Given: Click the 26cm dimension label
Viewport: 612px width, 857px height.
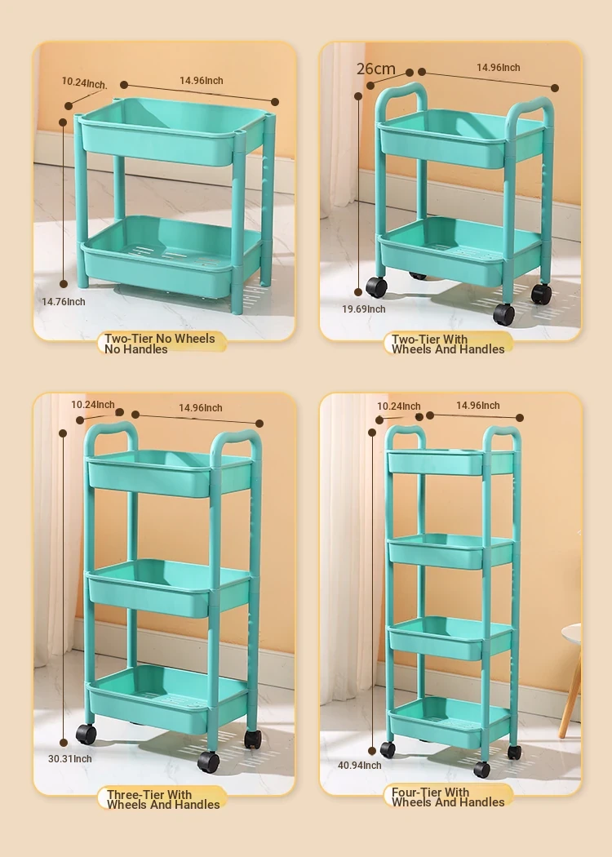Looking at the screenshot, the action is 376,69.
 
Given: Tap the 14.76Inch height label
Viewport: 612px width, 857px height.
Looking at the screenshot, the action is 64,302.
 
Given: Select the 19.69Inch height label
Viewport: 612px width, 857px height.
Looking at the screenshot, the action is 364,309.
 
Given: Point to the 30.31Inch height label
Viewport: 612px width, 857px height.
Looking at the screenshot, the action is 70,758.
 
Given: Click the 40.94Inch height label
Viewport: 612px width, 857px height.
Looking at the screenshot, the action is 360,766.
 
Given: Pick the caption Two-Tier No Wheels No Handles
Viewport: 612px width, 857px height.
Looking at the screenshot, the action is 160,344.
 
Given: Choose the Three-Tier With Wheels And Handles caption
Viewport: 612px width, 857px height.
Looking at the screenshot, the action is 163,800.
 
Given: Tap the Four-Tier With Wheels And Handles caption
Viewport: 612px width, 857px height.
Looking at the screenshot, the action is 448,797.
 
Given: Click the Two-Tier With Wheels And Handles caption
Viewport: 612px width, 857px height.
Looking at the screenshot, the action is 448,344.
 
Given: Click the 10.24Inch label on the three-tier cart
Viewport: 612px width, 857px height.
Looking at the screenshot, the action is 93,405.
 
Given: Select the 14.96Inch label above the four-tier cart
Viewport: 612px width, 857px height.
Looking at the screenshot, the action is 478,405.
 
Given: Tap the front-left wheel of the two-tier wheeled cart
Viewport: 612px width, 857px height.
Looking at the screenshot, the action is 376,287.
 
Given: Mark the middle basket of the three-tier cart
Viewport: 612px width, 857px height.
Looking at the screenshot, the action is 170,588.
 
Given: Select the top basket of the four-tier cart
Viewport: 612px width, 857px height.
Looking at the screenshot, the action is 450,462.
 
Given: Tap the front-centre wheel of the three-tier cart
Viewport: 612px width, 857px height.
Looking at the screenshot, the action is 209,762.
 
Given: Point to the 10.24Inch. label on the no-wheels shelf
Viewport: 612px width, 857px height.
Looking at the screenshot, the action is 84,82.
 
